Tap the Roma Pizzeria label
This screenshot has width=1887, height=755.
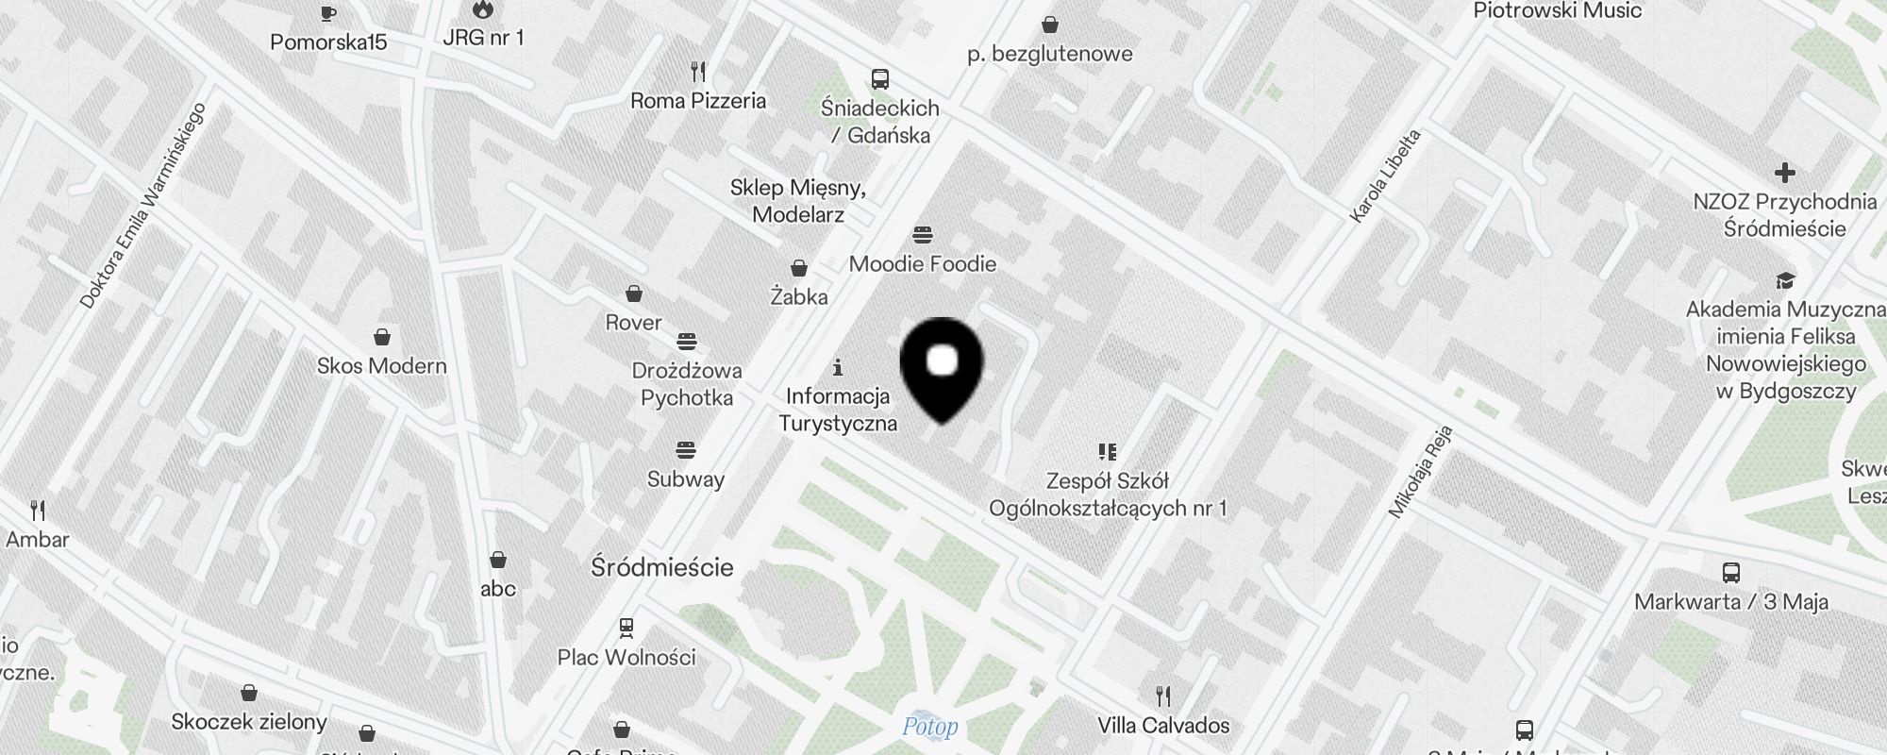click(698, 101)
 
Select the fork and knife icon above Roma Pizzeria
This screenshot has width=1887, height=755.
click(698, 72)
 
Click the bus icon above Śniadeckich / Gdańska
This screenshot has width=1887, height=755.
click(879, 79)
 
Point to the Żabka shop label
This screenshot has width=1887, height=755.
click(799, 297)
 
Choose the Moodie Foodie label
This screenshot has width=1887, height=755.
click(922, 264)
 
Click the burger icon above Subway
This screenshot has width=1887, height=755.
click(686, 450)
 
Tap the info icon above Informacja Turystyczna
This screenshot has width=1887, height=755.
click(837, 367)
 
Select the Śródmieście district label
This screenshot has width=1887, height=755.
click(661, 567)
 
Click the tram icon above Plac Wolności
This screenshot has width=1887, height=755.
click(626, 628)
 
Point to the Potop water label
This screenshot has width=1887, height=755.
click(929, 727)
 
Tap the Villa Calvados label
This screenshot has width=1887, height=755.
click(1163, 726)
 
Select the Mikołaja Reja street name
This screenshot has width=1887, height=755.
click(1419, 472)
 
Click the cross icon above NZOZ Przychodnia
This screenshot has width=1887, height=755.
click(1784, 173)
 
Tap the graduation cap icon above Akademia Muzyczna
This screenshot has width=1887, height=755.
click(1784, 281)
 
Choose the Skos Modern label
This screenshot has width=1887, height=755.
click(381, 366)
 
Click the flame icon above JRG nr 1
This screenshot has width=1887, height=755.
click(482, 10)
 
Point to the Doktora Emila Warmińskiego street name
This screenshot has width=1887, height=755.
click(142, 206)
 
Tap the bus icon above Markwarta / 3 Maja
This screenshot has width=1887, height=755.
click(1730, 573)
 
